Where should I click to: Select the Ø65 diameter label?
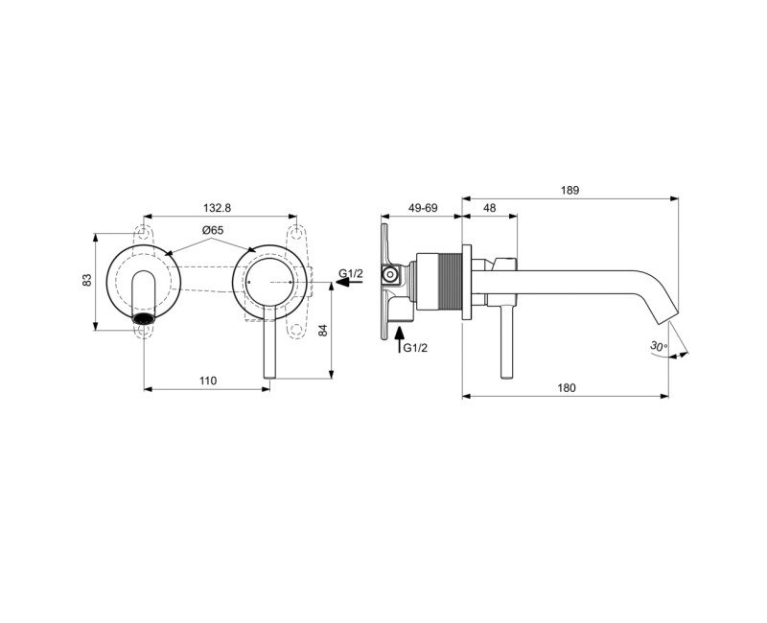click(213, 231)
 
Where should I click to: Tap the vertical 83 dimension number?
click(87, 280)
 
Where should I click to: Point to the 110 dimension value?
click(207, 381)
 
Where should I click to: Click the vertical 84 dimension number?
click(323, 331)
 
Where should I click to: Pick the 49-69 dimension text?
click(422, 207)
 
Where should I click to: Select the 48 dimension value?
click(489, 207)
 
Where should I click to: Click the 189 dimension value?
click(570, 190)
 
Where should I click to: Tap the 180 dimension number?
click(566, 387)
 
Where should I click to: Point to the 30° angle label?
click(657, 345)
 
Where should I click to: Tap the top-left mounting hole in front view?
click(144, 233)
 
